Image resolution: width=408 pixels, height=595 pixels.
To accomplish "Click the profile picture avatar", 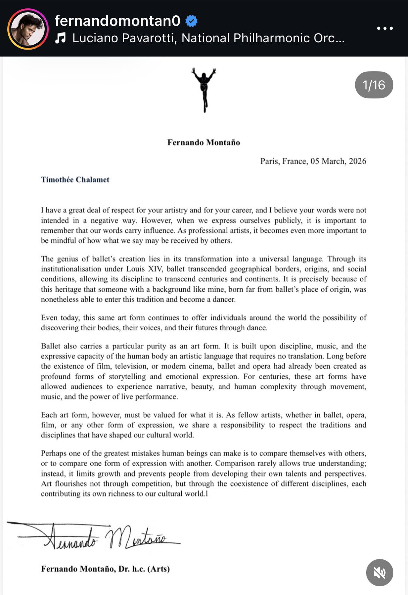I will (28, 29).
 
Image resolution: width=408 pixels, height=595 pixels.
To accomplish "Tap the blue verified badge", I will (191, 21).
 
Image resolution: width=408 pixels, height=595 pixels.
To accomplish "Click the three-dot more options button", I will (385, 28).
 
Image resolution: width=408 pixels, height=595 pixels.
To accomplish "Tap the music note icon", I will (60, 38).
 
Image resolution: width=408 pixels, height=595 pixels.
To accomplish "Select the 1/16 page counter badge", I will (374, 85).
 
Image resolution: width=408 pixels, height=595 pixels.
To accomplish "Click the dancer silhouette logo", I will (204, 90).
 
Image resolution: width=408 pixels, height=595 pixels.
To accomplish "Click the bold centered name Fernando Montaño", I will (204, 142).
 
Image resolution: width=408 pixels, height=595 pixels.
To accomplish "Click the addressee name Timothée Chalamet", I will (75, 180).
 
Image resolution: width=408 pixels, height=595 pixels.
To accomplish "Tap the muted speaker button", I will (379, 573).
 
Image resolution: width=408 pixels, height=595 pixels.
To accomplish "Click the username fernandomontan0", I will (118, 21).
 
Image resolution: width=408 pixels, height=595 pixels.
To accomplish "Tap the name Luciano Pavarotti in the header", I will (123, 38).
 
